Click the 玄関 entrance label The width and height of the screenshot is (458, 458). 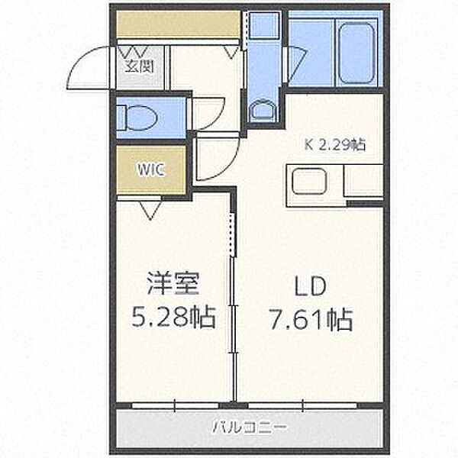140,67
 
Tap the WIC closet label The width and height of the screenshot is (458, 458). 150,169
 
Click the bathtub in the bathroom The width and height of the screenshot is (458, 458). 356,53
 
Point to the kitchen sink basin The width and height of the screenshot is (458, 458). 309,182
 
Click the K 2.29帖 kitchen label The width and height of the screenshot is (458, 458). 335,144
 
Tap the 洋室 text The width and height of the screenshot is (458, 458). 173,283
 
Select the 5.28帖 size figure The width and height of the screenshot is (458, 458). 174,318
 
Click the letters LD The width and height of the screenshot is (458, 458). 310,286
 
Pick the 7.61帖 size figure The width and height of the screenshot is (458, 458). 311,319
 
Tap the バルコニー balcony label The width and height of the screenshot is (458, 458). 250,428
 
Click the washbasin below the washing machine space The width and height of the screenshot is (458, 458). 263,110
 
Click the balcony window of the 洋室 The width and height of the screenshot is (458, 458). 175,405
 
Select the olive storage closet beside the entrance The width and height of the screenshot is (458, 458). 179,24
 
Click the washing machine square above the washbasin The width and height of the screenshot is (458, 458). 265,25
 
